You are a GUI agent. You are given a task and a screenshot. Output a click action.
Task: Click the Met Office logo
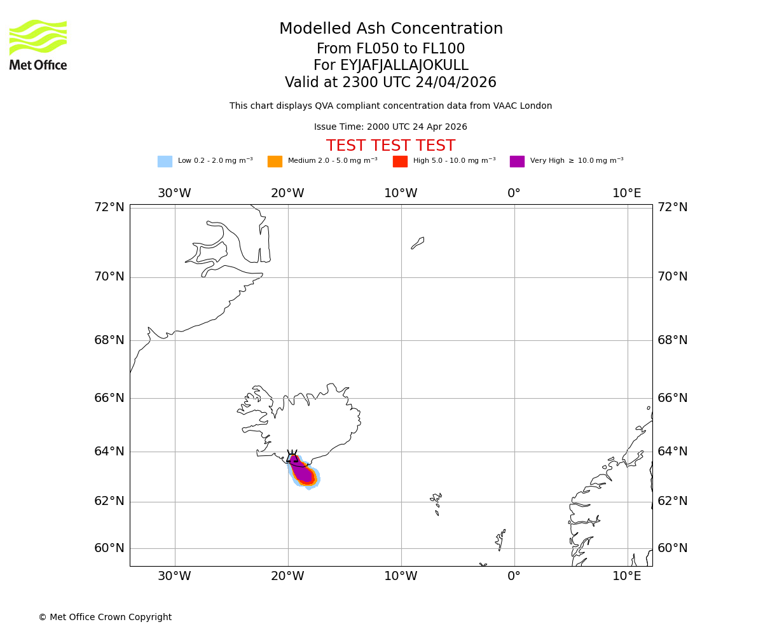tap(38, 45)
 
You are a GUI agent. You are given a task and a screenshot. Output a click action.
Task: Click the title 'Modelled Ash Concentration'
tap(390, 29)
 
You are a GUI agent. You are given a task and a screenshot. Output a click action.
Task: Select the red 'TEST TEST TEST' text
tap(390, 146)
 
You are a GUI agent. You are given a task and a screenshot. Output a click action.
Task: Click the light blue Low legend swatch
tap(165, 162)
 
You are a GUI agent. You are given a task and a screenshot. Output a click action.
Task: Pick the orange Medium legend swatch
tap(275, 162)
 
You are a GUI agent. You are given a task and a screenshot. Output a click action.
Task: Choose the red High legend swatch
tap(400, 162)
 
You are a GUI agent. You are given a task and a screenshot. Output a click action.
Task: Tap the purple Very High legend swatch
tap(517, 162)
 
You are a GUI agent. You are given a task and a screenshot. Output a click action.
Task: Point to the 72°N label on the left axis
tap(109, 207)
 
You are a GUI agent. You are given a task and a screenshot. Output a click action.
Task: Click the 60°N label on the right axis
tap(673, 548)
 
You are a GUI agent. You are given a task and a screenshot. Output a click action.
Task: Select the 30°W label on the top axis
tap(174, 193)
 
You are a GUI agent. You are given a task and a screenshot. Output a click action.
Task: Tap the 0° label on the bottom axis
tap(514, 576)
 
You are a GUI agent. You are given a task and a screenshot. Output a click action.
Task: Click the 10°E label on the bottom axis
tap(627, 576)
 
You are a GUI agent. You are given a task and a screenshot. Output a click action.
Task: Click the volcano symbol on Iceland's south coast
tap(292, 457)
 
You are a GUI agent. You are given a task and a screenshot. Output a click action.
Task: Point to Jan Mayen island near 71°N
tap(418, 243)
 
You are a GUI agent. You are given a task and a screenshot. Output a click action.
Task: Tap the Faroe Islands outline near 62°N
tap(436, 502)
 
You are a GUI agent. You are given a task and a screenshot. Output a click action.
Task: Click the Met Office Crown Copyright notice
tap(105, 618)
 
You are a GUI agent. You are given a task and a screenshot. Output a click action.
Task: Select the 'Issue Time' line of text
tap(390, 127)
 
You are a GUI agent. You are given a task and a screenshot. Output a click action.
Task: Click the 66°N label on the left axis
tap(109, 398)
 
